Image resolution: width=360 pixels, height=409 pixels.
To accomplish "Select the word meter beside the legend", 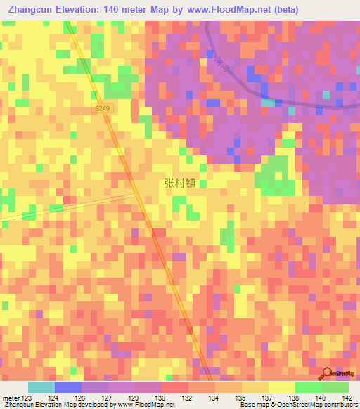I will click(x=10, y=398).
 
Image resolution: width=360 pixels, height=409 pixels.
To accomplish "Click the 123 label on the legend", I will click(x=25, y=398).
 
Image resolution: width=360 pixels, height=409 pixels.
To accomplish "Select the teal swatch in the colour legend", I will click(x=41, y=387).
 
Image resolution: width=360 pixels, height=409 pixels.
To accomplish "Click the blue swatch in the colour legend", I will click(x=67, y=387).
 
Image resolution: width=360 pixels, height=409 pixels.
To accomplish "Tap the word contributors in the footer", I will click(x=341, y=405).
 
